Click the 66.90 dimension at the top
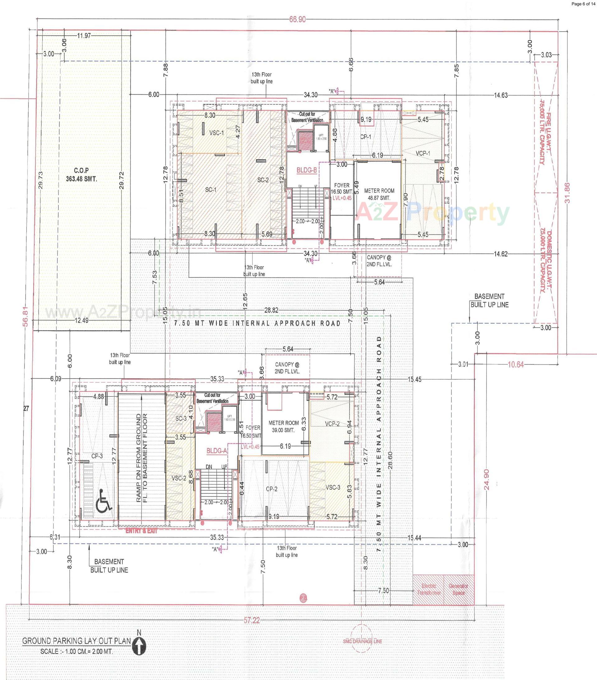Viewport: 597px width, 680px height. coord(297,20)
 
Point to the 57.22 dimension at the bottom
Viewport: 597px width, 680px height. coord(251,620)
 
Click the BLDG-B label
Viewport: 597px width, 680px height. coord(307,170)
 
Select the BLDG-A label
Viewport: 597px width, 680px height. coord(216,451)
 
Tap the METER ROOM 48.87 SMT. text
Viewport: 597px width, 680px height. coord(379,194)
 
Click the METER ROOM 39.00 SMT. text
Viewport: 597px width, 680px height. coord(284,426)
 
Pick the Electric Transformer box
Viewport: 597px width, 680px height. coord(428,590)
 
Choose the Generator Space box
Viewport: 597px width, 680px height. coord(459,590)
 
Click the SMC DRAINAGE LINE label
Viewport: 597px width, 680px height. coord(362,641)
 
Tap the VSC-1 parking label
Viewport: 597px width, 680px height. coord(216,133)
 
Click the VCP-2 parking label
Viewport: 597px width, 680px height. coord(332,424)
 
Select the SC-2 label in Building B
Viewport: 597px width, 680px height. coord(263,180)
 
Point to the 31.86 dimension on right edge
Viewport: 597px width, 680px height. coord(567,193)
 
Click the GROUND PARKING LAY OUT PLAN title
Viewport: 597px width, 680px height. coord(76,641)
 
